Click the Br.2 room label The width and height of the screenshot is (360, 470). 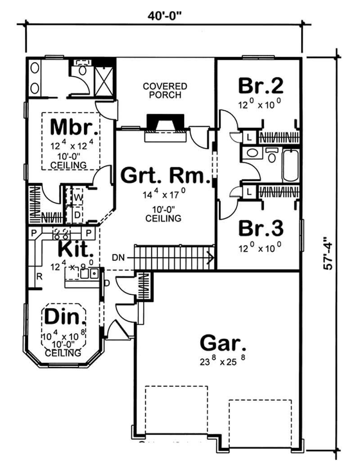pos(261,85)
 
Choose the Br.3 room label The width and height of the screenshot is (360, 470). pos(261,228)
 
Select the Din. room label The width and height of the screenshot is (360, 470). pos(65,318)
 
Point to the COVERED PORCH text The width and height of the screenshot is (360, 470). pos(165,90)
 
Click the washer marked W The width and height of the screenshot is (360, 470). pos(77,197)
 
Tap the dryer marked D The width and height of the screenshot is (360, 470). pos(77,215)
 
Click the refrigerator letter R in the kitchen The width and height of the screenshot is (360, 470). pos(39,277)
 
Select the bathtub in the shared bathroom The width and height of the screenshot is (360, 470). pos(290,165)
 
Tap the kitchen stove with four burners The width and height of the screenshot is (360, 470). pos(61,233)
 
